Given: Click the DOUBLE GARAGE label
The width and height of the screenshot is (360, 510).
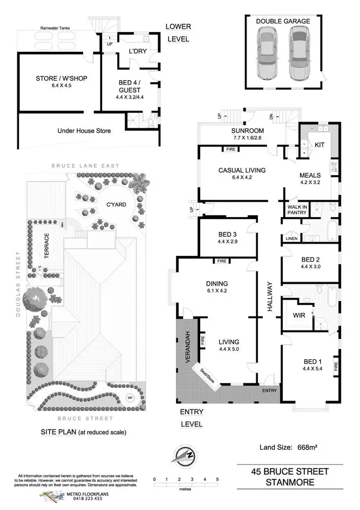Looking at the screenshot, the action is [283, 21].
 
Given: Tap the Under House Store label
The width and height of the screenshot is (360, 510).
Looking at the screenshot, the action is [84, 131].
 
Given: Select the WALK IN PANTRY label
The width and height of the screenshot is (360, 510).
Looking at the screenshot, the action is [297, 210].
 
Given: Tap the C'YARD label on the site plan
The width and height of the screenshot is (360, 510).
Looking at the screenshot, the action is [116, 205].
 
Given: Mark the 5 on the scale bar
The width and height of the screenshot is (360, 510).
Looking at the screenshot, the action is [217, 479].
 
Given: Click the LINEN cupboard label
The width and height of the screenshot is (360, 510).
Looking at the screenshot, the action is [291, 239].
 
